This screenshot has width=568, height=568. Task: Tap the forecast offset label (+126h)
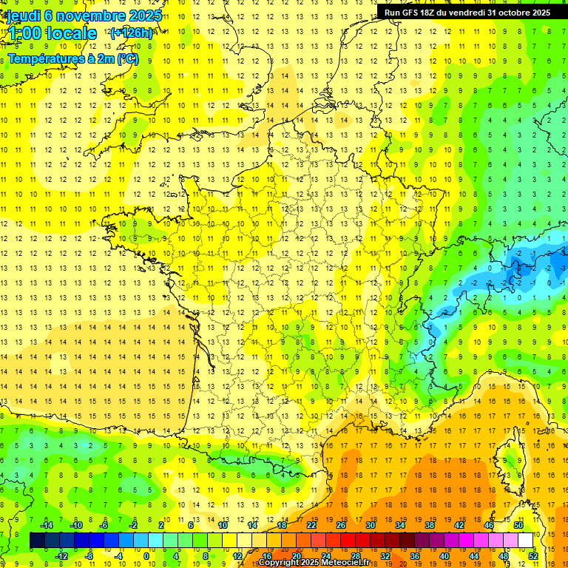pos(131,33)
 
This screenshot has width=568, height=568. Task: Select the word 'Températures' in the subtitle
pos(42,58)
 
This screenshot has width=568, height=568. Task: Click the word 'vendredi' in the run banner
pos(467,13)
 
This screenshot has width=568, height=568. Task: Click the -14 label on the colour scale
pos(47,525)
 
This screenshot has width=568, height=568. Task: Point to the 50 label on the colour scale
pos(518,525)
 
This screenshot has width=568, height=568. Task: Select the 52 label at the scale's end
pos(533,556)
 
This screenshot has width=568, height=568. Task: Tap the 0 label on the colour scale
pos(146,556)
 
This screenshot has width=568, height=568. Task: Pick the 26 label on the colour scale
pos(341,525)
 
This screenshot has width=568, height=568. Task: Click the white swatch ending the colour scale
pos(526,541)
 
